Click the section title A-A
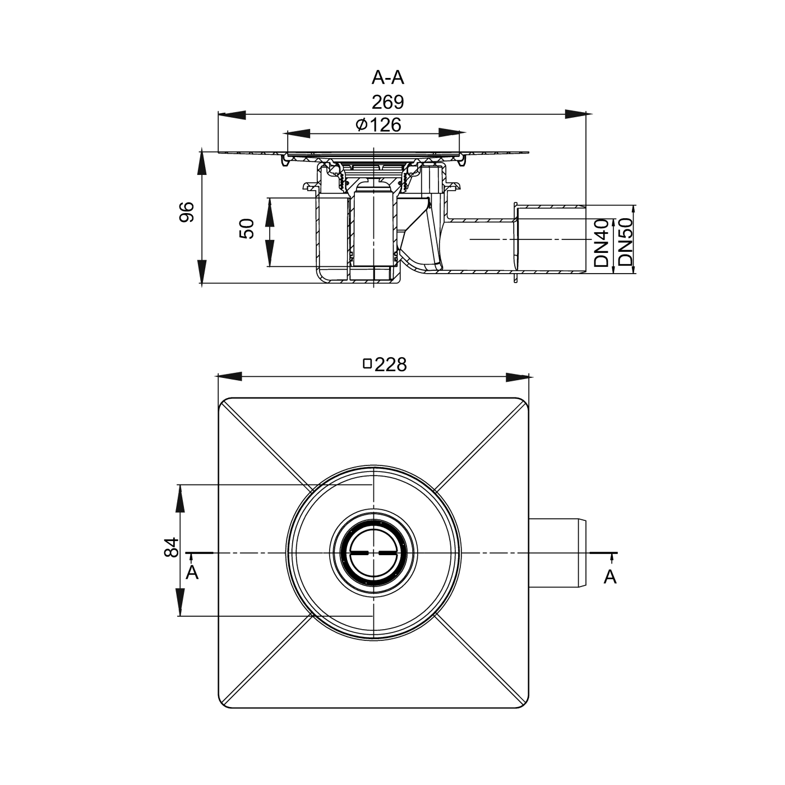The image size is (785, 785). (387, 77)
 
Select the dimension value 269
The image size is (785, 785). (387, 102)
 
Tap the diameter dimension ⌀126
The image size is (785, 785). (378, 124)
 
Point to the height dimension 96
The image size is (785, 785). (187, 212)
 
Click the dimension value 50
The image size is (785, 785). (247, 229)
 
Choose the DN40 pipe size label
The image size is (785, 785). (602, 242)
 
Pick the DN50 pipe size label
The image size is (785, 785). (625, 242)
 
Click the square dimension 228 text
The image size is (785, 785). (390, 364)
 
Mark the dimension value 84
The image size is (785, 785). (171, 547)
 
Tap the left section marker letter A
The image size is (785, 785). (192, 573)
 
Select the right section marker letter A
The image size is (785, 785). (610, 576)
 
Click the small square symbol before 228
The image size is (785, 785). (368, 364)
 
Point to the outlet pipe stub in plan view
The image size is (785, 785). (558, 553)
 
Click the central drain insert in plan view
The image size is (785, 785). (373, 553)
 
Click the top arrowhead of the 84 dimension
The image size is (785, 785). (180, 498)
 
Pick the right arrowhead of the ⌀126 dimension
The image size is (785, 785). (452, 133)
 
